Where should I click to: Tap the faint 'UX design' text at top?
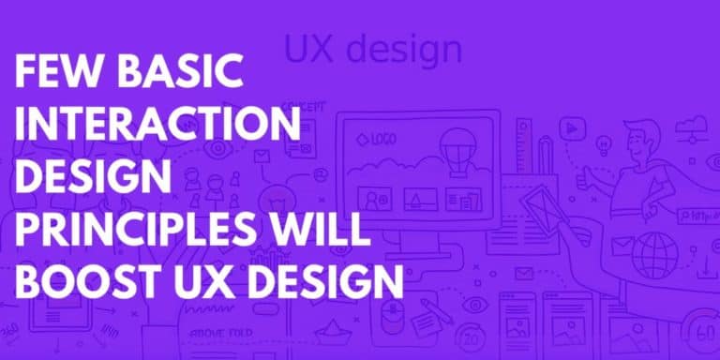pos(373,49)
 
